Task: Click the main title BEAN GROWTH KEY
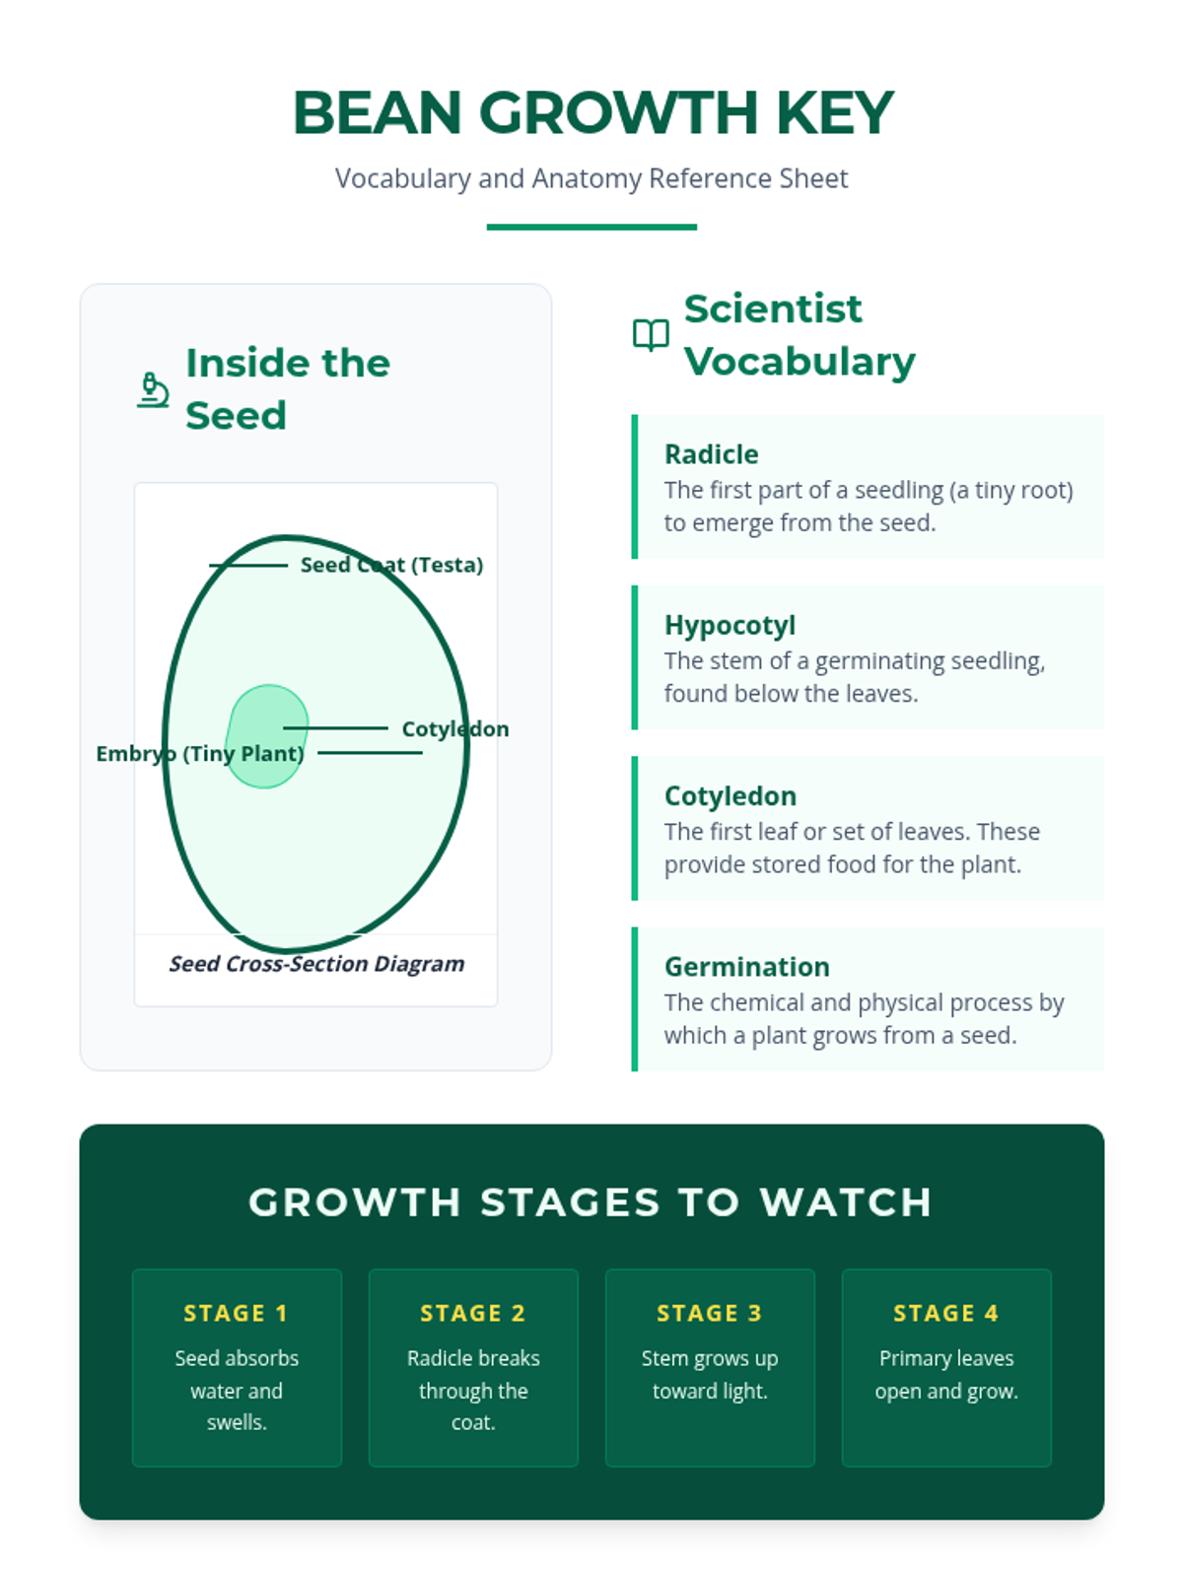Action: tap(592, 112)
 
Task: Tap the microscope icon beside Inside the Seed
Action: tap(153, 389)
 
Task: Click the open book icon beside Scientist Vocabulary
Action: tap(651, 335)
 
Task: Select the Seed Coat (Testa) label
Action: tap(391, 565)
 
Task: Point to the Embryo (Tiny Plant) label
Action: tap(199, 754)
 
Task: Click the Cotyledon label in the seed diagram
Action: tap(454, 729)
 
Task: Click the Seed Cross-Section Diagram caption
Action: tap(316, 964)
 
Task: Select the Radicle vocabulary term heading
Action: tap(711, 454)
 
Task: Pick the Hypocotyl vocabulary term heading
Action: tap(730, 625)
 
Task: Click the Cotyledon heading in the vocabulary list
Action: tap(730, 795)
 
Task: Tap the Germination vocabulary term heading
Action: tap(746, 966)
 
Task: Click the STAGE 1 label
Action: tap(236, 1313)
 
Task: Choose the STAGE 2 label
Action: tap(473, 1313)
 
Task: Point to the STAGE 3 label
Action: tap(710, 1313)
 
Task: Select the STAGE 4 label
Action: tap(946, 1313)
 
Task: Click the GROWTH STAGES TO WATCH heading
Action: tap(591, 1202)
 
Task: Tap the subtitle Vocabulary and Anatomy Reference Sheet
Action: tap(591, 178)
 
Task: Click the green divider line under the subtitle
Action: tap(591, 227)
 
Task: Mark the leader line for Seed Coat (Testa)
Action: tap(247, 566)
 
